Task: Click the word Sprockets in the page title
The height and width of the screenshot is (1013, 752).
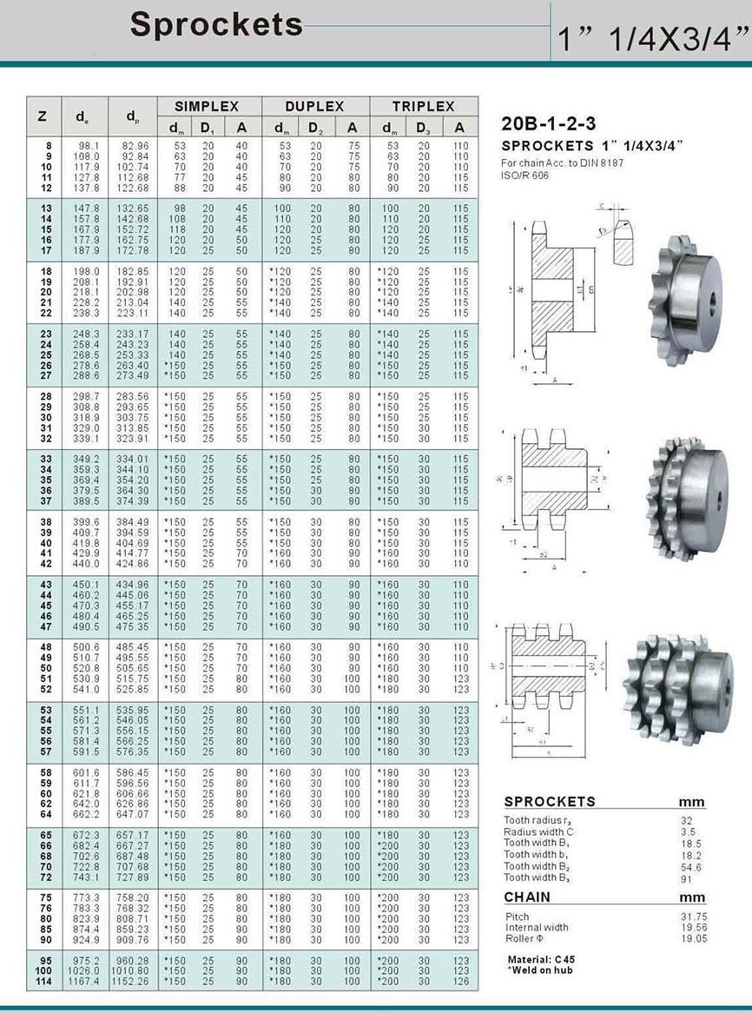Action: point(216,24)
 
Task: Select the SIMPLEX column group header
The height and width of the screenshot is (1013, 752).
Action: point(208,106)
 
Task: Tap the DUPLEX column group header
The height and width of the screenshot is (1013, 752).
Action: point(315,106)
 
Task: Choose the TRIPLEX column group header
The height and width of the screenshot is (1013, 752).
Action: point(423,106)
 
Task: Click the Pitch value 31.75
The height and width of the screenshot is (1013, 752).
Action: point(691,917)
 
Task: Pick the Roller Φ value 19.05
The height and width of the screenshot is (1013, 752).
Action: point(691,937)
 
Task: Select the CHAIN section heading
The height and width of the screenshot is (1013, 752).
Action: point(527,897)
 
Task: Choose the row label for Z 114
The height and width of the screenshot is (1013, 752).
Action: point(43,981)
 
